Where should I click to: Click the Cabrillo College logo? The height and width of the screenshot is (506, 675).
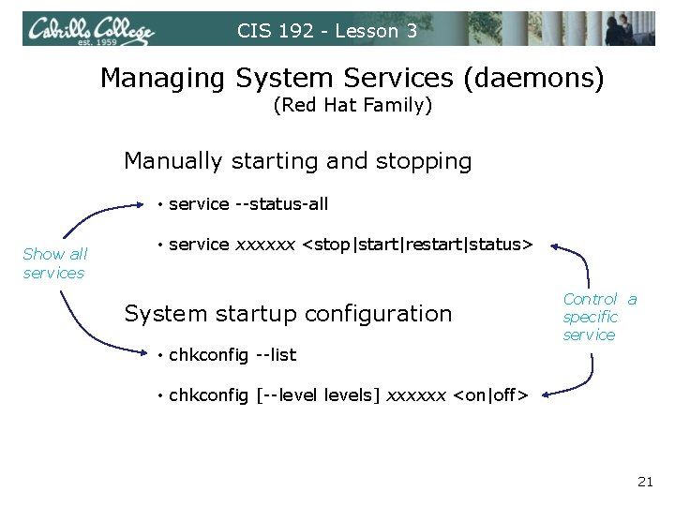click(x=90, y=30)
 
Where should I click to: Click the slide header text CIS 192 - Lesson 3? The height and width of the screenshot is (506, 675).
click(x=327, y=31)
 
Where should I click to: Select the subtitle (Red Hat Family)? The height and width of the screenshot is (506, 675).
click(x=352, y=105)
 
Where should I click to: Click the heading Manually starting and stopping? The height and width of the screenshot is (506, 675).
click(x=297, y=161)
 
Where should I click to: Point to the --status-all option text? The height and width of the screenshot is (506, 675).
click(x=280, y=203)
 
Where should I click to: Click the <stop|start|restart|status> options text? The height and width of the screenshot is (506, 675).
click(x=418, y=245)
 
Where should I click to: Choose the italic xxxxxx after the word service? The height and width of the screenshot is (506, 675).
click(x=266, y=245)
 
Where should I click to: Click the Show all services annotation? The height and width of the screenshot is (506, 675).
click(x=54, y=263)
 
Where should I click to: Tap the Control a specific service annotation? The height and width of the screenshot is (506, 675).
click(x=598, y=317)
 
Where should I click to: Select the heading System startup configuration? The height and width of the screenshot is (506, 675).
click(x=288, y=313)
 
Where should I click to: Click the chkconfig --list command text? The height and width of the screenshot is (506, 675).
click(x=232, y=354)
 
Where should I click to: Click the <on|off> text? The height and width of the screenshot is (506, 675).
click(x=490, y=395)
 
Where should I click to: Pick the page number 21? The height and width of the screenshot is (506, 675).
click(x=645, y=482)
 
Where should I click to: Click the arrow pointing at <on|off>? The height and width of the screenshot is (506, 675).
click(x=574, y=383)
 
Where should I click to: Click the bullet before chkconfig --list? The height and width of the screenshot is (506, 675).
click(x=161, y=355)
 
